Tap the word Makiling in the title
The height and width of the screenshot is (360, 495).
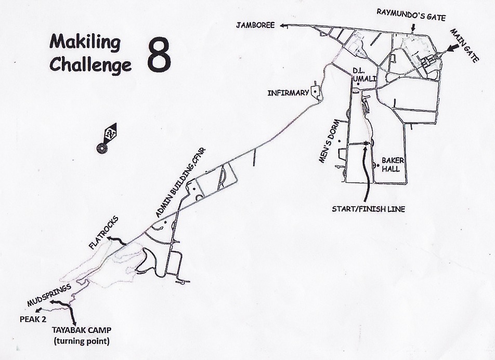click(x=85, y=42)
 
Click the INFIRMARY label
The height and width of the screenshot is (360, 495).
click(x=288, y=94)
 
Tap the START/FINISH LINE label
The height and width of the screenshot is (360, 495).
click(x=368, y=209)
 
